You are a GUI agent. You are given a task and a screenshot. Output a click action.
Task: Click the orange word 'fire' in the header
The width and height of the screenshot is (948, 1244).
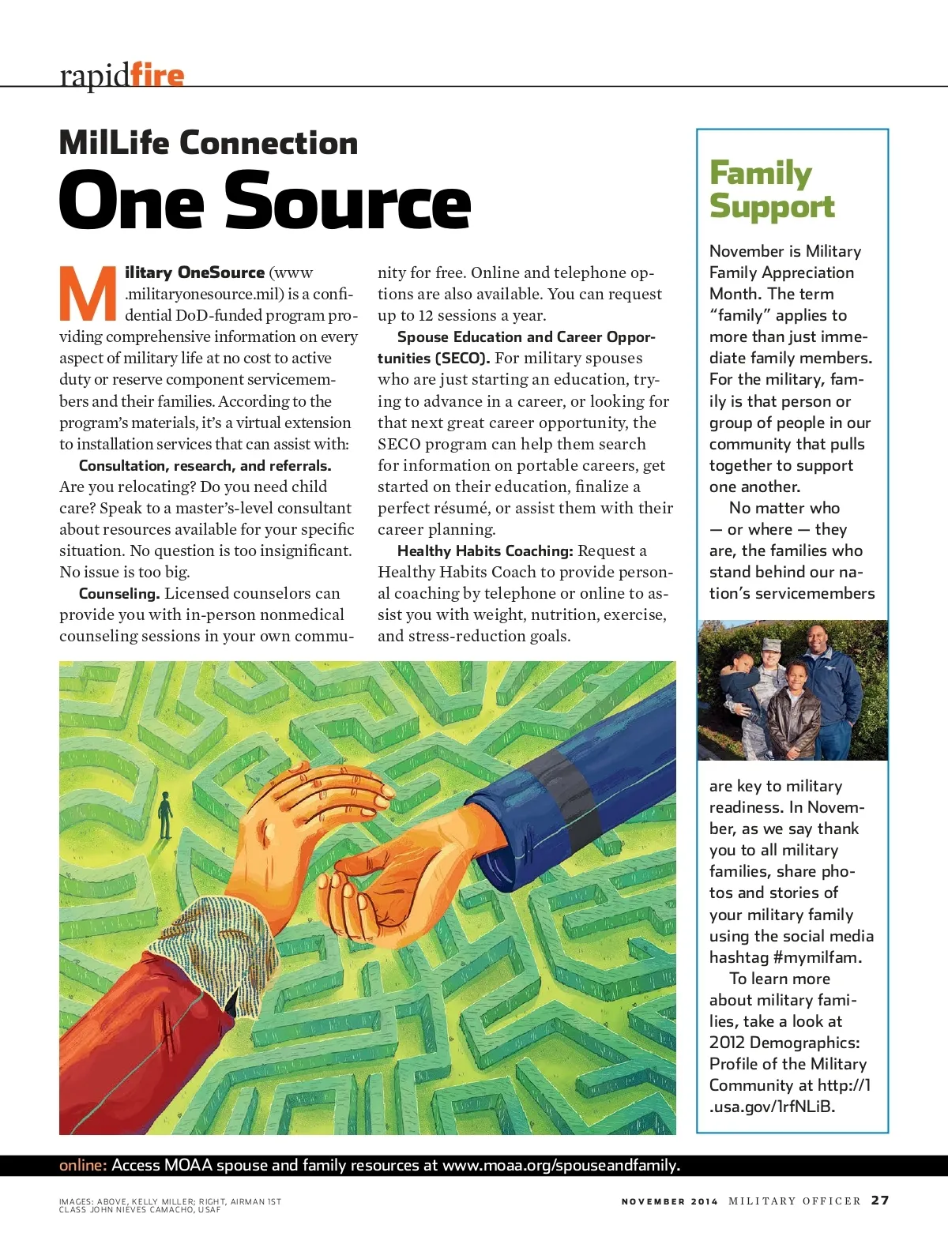pos(157,75)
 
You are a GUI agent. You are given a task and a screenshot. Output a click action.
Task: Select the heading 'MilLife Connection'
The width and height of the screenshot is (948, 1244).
pos(209,143)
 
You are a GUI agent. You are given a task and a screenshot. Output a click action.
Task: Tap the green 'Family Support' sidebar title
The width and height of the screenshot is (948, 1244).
pos(771,190)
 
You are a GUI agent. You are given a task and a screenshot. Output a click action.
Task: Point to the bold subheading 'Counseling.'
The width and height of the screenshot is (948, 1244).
pos(119,593)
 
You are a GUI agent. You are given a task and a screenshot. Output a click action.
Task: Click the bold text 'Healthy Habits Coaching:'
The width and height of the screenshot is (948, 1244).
pos(485,551)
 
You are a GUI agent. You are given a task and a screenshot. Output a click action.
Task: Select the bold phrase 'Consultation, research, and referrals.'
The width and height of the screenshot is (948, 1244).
pos(205,465)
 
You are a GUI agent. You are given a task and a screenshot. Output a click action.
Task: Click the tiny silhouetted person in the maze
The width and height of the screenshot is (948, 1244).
pos(165,814)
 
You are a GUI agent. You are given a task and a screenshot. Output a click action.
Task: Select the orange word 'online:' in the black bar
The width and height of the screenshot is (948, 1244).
pos(82,1165)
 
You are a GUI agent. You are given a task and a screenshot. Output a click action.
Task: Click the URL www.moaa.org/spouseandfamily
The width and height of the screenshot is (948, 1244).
pos(560,1165)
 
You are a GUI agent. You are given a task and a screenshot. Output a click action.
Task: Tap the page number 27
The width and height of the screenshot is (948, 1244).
pos(880,1200)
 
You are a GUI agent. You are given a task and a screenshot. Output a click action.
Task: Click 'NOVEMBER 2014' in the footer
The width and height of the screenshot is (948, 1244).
pos(669,1201)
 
